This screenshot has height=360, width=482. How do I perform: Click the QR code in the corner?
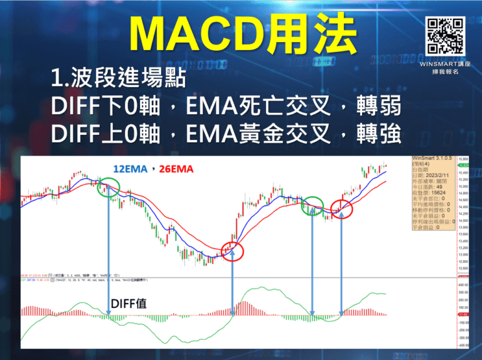click(446, 35)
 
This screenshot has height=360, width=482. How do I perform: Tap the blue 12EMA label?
click(131, 169)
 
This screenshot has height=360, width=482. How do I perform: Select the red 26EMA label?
click(176, 169)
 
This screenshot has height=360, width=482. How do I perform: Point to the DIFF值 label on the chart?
click(129, 304)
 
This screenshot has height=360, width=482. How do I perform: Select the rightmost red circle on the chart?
click(341, 209)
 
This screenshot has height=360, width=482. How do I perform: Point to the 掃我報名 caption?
click(446, 73)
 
